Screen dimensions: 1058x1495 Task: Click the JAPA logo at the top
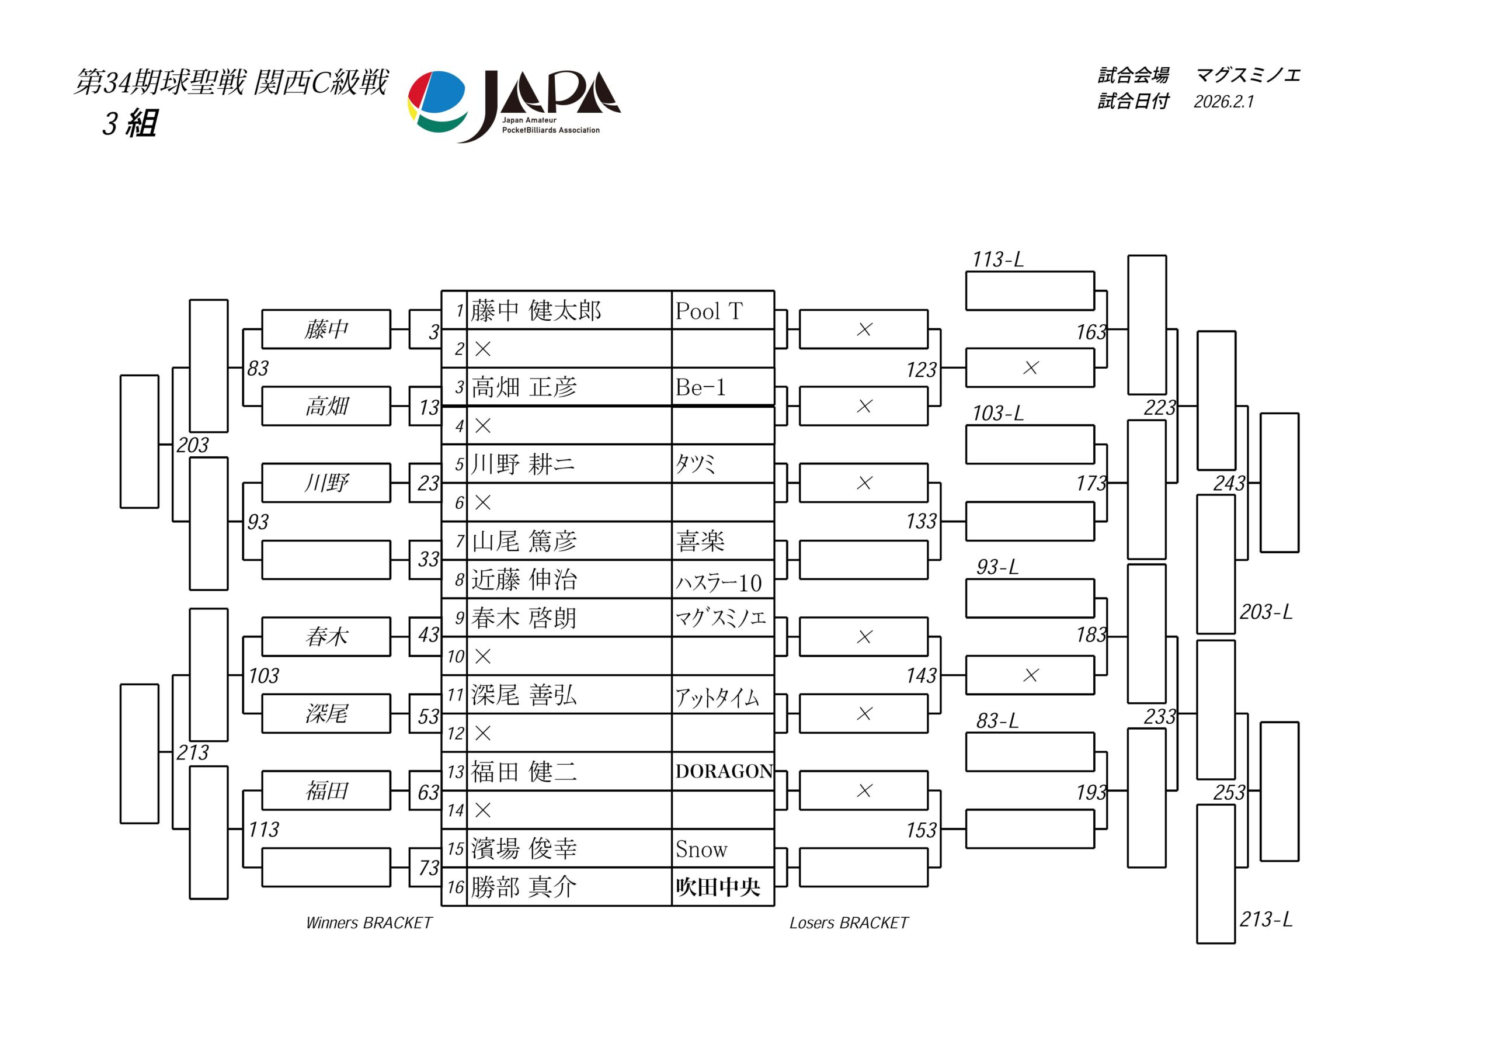(514, 106)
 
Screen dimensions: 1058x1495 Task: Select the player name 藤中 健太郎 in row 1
(536, 311)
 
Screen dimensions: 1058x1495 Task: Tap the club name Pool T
(708, 311)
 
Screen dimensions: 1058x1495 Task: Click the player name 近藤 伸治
(524, 580)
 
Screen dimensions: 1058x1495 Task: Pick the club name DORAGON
(724, 771)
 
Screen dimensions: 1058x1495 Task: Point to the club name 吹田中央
(718, 887)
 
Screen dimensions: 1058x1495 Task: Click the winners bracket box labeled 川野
(326, 483)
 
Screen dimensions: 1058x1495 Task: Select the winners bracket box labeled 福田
(326, 791)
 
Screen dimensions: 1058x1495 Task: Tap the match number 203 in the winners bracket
(193, 445)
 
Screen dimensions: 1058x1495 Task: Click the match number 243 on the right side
(1229, 483)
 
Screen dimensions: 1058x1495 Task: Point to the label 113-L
(997, 260)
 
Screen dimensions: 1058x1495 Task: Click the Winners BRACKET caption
(368, 922)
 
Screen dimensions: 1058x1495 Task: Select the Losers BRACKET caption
(849, 922)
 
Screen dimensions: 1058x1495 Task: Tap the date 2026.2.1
(1223, 102)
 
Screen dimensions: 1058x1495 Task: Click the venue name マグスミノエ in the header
(1247, 75)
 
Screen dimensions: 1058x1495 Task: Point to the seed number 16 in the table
(455, 887)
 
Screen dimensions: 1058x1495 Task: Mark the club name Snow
(701, 849)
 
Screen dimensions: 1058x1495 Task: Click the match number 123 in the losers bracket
(922, 370)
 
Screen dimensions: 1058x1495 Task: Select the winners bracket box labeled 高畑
(326, 407)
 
